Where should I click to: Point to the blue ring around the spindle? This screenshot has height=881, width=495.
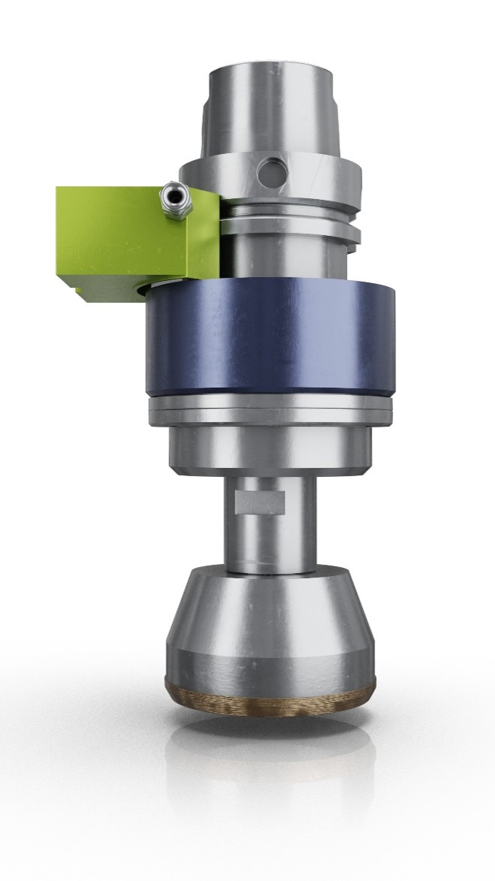[270, 338]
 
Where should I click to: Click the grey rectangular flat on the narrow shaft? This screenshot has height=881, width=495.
[260, 502]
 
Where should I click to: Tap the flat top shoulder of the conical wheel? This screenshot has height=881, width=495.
[271, 574]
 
